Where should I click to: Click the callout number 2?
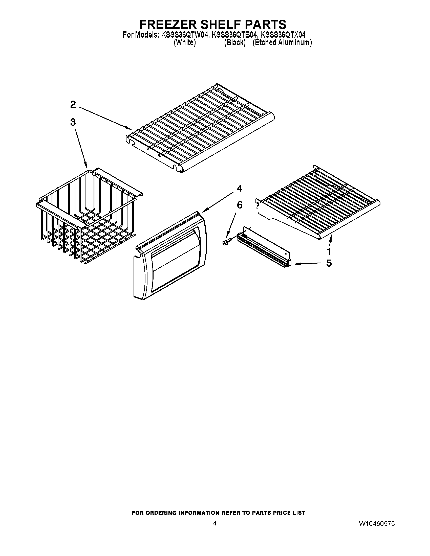click(x=73, y=104)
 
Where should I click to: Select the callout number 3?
click(x=73, y=122)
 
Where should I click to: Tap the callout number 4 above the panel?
click(x=240, y=188)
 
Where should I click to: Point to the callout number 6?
click(x=240, y=205)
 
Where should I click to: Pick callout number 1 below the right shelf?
click(x=329, y=251)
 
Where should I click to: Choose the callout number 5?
click(x=329, y=263)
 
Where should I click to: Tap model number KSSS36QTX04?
click(x=283, y=35)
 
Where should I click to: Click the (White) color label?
click(x=185, y=42)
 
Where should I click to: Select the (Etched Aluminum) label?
click(x=282, y=42)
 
